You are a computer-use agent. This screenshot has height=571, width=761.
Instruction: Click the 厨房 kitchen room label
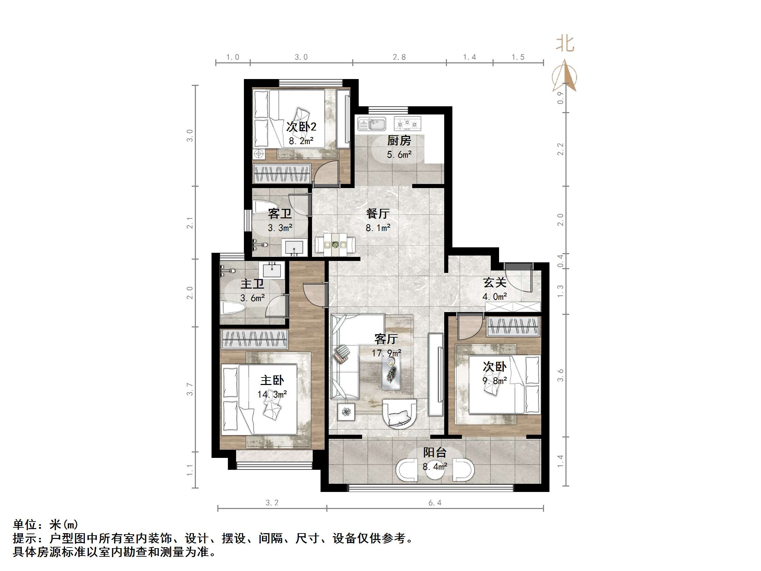399,140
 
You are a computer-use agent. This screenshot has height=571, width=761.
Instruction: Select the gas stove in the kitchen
408,124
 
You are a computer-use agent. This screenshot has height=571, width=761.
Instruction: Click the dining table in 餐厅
335,245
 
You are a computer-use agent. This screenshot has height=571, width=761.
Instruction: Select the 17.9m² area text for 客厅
386,353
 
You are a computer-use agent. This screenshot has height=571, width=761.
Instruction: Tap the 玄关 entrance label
494,283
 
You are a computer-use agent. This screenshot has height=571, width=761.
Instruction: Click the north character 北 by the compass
565,44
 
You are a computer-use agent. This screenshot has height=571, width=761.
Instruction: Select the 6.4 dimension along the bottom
435,503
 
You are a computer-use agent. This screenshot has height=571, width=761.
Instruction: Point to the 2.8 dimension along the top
399,57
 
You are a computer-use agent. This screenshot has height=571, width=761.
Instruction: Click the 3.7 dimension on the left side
190,389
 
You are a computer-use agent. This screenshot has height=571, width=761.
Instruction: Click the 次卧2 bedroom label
301,127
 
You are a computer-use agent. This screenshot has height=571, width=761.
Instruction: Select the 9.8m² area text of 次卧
494,381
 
